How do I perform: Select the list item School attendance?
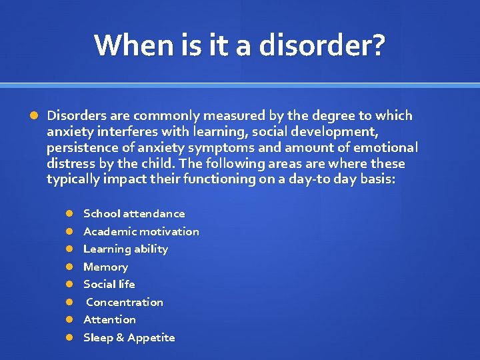[134, 213]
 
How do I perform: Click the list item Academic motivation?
[141, 231]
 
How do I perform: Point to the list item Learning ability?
[125, 249]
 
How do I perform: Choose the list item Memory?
[105, 267]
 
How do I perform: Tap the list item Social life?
[109, 284]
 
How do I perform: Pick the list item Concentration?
[125, 302]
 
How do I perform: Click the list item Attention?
[109, 319]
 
